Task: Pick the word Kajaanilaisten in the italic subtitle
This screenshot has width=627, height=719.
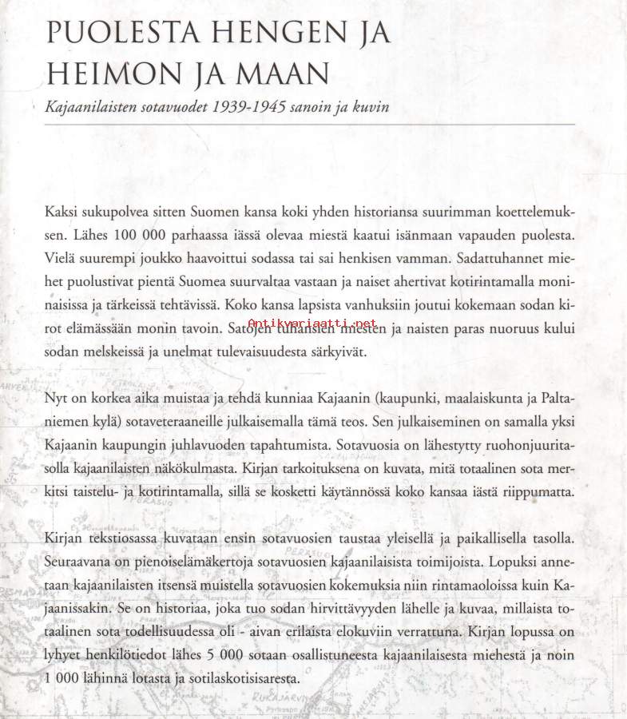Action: (93, 106)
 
